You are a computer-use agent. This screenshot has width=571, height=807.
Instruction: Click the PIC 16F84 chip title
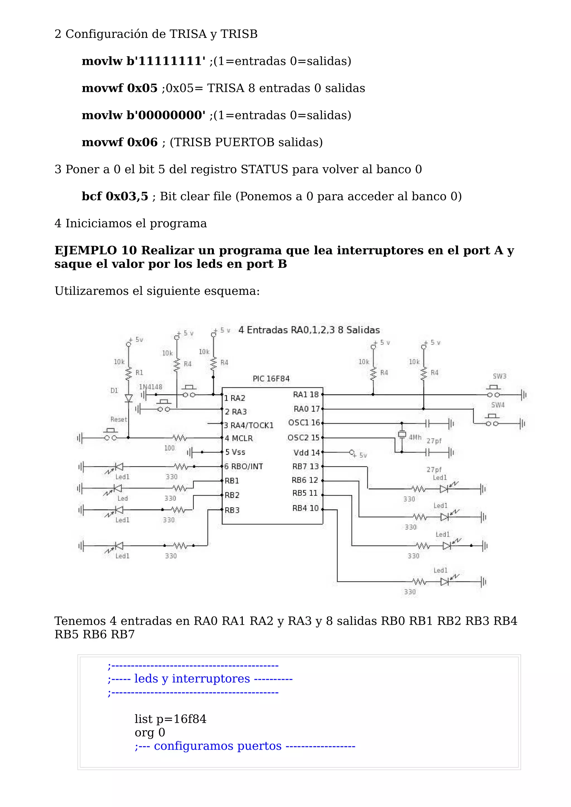(271, 379)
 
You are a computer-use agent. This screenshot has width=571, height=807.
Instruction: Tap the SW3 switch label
(499, 376)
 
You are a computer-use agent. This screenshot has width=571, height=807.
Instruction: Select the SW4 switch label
(498, 405)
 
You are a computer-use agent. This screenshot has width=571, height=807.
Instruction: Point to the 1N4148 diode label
(151, 387)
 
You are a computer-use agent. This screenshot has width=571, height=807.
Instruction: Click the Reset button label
(118, 419)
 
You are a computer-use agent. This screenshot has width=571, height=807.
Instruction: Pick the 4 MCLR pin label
(239, 438)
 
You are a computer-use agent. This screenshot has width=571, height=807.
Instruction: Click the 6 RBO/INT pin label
(243, 466)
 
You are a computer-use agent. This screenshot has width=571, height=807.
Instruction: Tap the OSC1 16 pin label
(304, 423)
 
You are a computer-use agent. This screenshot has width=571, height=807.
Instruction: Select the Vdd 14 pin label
(306, 453)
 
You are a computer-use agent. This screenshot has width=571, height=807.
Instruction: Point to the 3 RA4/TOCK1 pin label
(249, 425)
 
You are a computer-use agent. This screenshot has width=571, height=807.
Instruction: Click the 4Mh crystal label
(415, 437)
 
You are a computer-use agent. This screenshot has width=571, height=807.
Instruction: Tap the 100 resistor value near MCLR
(169, 448)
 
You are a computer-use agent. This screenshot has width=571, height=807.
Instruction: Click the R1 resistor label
(139, 373)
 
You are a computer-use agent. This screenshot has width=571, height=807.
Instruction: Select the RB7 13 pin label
(305, 466)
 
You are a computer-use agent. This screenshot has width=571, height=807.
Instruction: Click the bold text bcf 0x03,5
(115, 197)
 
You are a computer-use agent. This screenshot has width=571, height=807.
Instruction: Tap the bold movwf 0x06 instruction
(119, 142)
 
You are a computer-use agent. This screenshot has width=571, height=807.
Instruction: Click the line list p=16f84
(170, 719)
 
